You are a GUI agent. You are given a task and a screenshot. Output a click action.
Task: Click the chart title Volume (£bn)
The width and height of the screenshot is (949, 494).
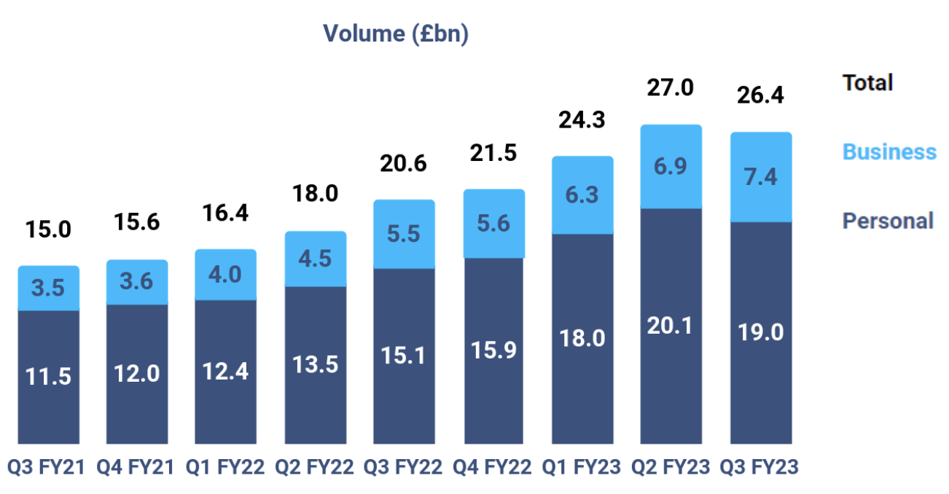(x=396, y=34)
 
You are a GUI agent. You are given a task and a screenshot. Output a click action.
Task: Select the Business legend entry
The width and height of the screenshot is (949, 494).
(x=889, y=152)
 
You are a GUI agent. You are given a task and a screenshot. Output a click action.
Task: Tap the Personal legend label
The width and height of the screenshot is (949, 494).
(x=887, y=221)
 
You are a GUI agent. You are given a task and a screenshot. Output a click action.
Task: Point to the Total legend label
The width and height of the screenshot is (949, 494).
(x=867, y=83)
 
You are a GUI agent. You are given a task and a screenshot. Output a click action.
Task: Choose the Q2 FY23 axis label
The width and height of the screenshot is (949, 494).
(x=671, y=466)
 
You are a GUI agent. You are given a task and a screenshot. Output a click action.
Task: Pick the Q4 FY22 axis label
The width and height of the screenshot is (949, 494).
(x=493, y=466)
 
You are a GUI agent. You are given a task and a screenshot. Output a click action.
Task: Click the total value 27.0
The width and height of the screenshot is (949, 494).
(x=671, y=89)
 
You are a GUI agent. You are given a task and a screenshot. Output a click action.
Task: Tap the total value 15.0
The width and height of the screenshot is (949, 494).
(x=48, y=230)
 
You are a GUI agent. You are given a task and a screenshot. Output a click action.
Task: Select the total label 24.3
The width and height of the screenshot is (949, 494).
(x=582, y=119)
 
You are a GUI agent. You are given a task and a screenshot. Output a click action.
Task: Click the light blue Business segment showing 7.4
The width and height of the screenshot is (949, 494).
(x=760, y=177)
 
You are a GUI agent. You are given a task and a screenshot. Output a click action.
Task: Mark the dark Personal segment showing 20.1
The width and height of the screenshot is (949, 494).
(x=671, y=326)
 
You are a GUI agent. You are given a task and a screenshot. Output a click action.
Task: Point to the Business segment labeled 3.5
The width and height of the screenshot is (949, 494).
(x=48, y=289)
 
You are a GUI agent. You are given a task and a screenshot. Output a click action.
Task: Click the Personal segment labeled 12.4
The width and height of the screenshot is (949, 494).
(x=226, y=372)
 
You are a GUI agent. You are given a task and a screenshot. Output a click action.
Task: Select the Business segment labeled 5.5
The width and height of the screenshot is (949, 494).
(x=404, y=234)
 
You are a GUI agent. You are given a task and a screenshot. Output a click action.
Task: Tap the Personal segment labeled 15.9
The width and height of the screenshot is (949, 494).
(x=493, y=350)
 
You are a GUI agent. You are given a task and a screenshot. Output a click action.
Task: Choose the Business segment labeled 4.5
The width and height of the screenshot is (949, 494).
(x=315, y=259)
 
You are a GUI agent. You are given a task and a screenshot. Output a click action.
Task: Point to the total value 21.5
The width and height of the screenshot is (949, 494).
(x=493, y=153)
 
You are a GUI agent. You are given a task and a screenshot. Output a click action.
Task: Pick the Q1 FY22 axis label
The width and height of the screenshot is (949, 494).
(x=226, y=466)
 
